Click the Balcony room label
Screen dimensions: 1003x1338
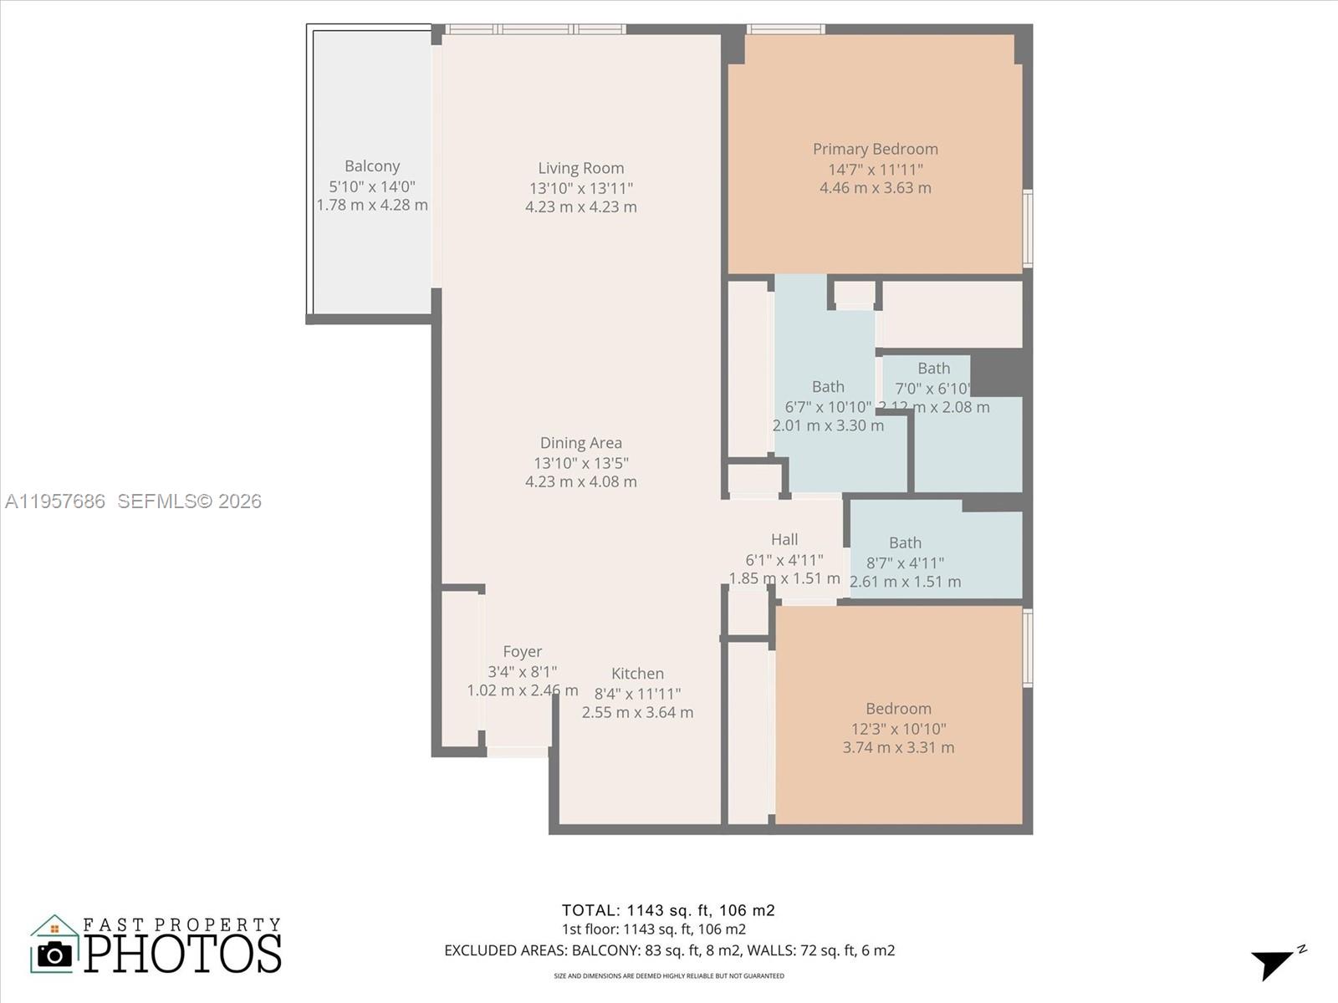(x=372, y=166)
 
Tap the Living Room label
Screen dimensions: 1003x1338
(x=580, y=168)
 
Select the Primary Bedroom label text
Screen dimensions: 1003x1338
(x=875, y=149)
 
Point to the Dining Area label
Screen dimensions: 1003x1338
(x=580, y=443)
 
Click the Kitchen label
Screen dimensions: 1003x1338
(x=637, y=674)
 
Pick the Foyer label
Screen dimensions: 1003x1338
(x=522, y=652)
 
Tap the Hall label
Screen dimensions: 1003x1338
(x=784, y=540)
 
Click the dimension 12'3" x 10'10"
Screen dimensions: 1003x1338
(x=898, y=729)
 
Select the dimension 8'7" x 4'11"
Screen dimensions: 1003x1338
(x=905, y=563)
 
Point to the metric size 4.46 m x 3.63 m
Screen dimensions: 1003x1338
(x=875, y=188)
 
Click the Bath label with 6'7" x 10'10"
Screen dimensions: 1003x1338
(x=828, y=387)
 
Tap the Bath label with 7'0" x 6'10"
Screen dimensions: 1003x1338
(x=933, y=369)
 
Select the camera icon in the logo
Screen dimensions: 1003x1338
(x=55, y=955)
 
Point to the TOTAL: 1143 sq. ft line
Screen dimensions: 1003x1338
(x=667, y=910)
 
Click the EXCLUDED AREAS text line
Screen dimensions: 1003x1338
(x=669, y=950)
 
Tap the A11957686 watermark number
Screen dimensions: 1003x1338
(x=55, y=501)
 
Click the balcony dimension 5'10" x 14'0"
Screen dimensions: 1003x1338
(x=372, y=186)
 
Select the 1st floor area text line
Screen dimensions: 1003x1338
(x=653, y=929)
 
